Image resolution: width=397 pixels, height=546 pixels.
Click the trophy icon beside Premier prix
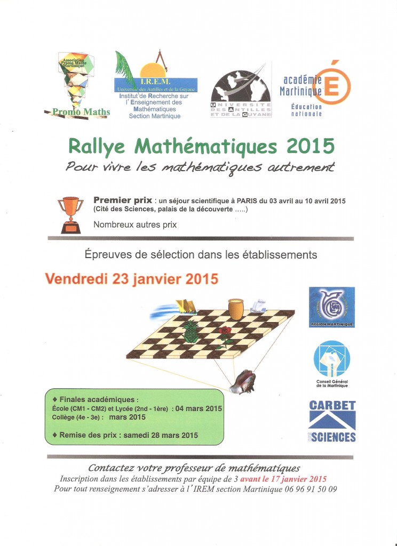[x=70, y=215]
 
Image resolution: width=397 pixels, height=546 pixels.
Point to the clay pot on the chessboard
[x=235, y=308]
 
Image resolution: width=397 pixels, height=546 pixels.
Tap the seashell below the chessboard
[x=242, y=380]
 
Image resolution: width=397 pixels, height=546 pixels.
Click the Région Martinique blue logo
[x=331, y=307]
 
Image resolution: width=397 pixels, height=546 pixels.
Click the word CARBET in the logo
[x=332, y=405]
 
